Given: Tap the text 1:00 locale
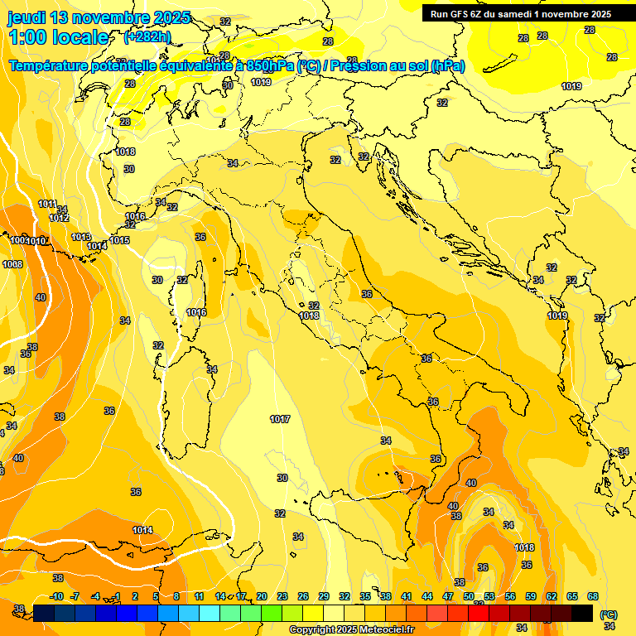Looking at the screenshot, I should pyautogui.click(x=58, y=37).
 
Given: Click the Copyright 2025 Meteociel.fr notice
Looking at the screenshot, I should pyautogui.click(x=352, y=630).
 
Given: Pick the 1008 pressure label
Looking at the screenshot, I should pyautogui.click(x=12, y=264).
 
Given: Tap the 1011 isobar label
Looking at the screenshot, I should pyautogui.click(x=47, y=205).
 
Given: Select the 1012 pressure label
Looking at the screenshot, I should pyautogui.click(x=59, y=218).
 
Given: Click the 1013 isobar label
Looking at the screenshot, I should pyautogui.click(x=81, y=238).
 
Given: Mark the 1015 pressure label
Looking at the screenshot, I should pyautogui.click(x=119, y=241).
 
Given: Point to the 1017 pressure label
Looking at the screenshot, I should pyautogui.click(x=280, y=420).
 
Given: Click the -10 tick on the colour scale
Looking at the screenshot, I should pyautogui.click(x=57, y=597).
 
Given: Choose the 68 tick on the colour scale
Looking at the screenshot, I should pyautogui.click(x=593, y=597).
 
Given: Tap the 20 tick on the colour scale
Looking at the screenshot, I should pyautogui.click(x=262, y=597).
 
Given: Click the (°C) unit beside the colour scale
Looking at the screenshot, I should pyautogui.click(x=609, y=614).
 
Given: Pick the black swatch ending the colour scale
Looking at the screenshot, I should pyautogui.click(x=582, y=613).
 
